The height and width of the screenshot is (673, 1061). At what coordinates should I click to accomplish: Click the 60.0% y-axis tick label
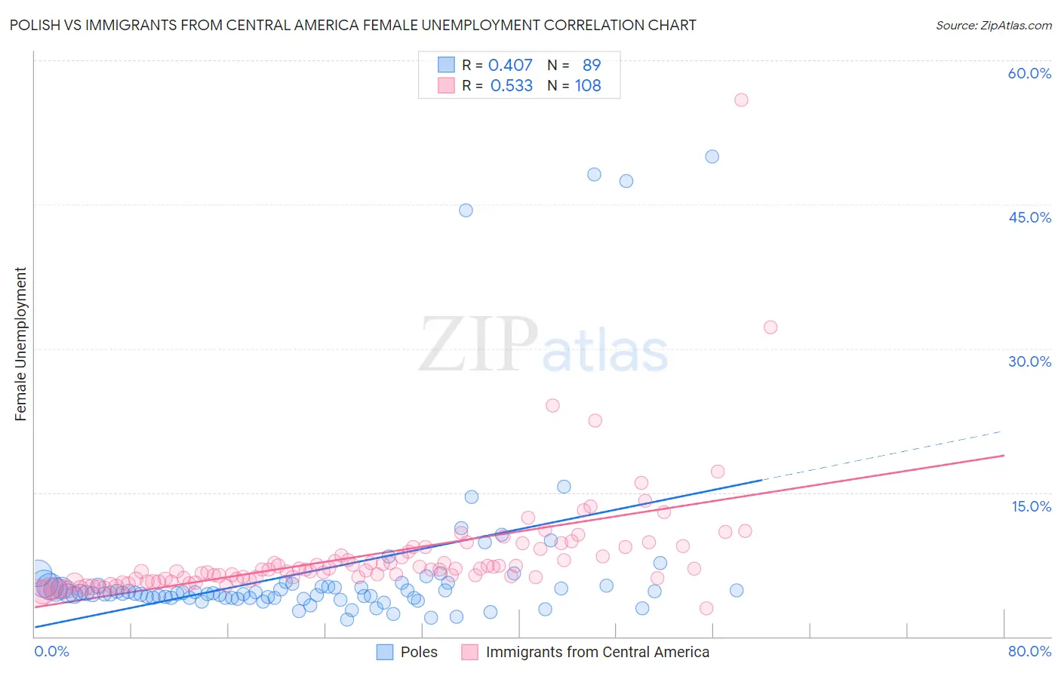[x=1029, y=73]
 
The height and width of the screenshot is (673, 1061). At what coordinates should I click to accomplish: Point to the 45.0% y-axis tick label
[x=1029, y=217]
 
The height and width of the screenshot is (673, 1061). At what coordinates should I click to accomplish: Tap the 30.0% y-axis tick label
[x=1029, y=361]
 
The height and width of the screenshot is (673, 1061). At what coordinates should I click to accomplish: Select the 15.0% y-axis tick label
[x=1031, y=506]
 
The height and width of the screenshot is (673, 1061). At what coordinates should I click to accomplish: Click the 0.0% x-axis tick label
[x=51, y=651]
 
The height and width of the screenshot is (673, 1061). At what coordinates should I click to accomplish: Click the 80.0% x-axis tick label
[x=1029, y=651]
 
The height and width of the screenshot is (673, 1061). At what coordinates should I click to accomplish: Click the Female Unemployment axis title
[x=20, y=344]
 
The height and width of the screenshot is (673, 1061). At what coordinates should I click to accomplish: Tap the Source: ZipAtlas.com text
[x=993, y=25]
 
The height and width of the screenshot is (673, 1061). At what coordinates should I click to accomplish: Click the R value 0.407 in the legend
[x=510, y=66]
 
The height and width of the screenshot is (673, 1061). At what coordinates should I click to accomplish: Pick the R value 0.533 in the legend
[x=511, y=86]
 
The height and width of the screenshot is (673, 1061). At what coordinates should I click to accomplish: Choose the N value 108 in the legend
[x=588, y=86]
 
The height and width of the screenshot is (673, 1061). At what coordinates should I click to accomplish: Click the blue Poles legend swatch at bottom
[x=385, y=652]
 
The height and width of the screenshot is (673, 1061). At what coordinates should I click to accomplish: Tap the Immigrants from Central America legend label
[x=597, y=652]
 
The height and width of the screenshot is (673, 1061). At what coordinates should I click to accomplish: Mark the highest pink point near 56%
[x=741, y=100]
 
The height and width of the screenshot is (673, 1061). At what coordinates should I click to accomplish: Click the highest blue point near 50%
[x=712, y=157]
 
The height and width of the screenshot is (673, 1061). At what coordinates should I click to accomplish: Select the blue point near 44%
[x=466, y=211]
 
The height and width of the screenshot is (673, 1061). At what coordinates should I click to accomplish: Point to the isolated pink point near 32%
[x=770, y=327]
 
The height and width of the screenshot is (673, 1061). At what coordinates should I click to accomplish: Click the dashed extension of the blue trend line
[x=883, y=455]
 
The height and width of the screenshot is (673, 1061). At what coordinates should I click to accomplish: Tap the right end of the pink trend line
[x=1003, y=456]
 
